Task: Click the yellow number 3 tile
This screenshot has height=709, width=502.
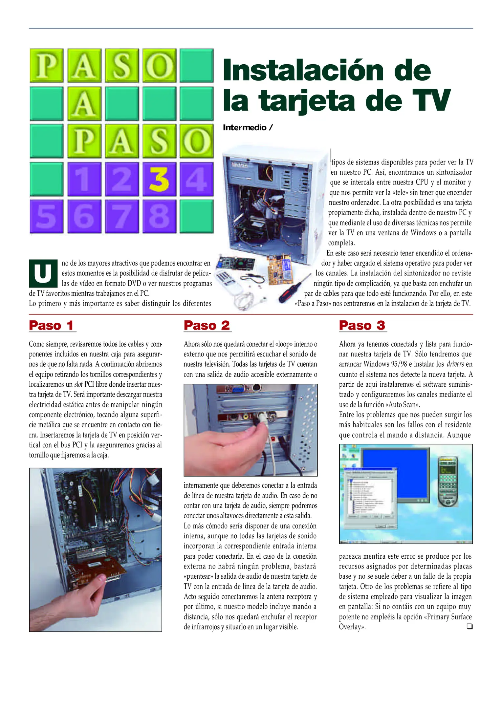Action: (159, 179)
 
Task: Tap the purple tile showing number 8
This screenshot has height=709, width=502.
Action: (159, 217)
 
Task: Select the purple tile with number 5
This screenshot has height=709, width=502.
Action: (46, 217)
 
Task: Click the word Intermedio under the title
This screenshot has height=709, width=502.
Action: (245, 128)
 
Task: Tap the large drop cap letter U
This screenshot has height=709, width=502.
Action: (43, 273)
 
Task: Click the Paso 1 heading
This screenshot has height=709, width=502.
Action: (52, 325)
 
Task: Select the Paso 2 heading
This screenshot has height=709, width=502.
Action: (207, 325)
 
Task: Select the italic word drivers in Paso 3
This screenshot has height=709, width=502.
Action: (455, 364)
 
